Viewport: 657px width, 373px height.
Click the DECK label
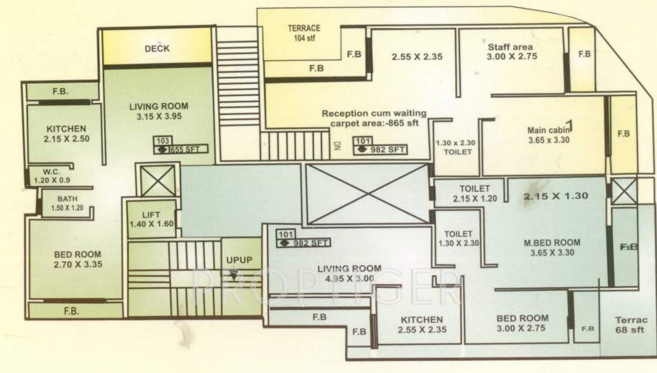(157, 48)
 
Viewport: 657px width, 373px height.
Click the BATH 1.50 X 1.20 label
(67, 203)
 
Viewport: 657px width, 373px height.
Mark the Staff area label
(510, 51)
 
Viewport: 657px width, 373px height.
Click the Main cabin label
(548, 135)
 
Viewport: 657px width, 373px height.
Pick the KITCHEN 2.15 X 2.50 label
(65, 133)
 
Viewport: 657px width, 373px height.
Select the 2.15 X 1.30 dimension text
(555, 196)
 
